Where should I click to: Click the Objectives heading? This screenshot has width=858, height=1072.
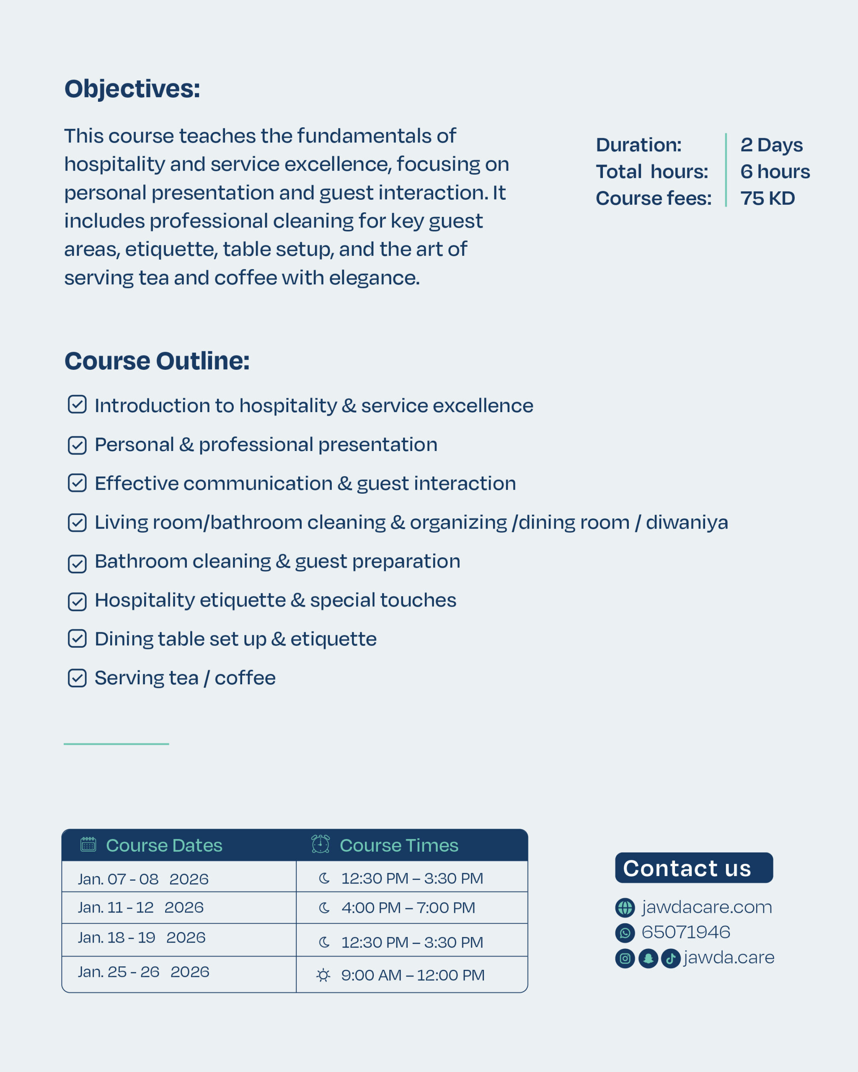click(132, 89)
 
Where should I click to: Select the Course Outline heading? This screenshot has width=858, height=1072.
click(157, 361)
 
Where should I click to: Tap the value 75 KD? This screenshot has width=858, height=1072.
click(768, 198)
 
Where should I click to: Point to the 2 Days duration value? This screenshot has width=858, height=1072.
click(771, 145)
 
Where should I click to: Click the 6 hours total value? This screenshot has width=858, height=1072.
click(775, 172)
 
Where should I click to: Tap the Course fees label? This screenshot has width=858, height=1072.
click(654, 198)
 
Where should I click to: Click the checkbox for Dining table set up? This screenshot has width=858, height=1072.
click(77, 639)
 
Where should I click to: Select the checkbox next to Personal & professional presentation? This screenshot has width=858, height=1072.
click(77, 445)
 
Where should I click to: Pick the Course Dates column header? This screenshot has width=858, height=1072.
click(164, 845)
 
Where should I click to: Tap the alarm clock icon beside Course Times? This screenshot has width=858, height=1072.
click(320, 844)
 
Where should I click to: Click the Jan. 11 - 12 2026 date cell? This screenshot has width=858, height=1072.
click(141, 907)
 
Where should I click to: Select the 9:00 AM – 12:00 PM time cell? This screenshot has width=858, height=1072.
click(412, 975)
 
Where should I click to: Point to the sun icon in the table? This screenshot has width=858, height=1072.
click(323, 975)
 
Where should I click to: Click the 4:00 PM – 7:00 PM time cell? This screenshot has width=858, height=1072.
click(408, 908)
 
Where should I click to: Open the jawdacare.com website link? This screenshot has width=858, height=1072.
click(706, 907)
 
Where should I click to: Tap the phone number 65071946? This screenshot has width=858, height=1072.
click(685, 932)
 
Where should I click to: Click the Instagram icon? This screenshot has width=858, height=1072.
click(625, 958)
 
